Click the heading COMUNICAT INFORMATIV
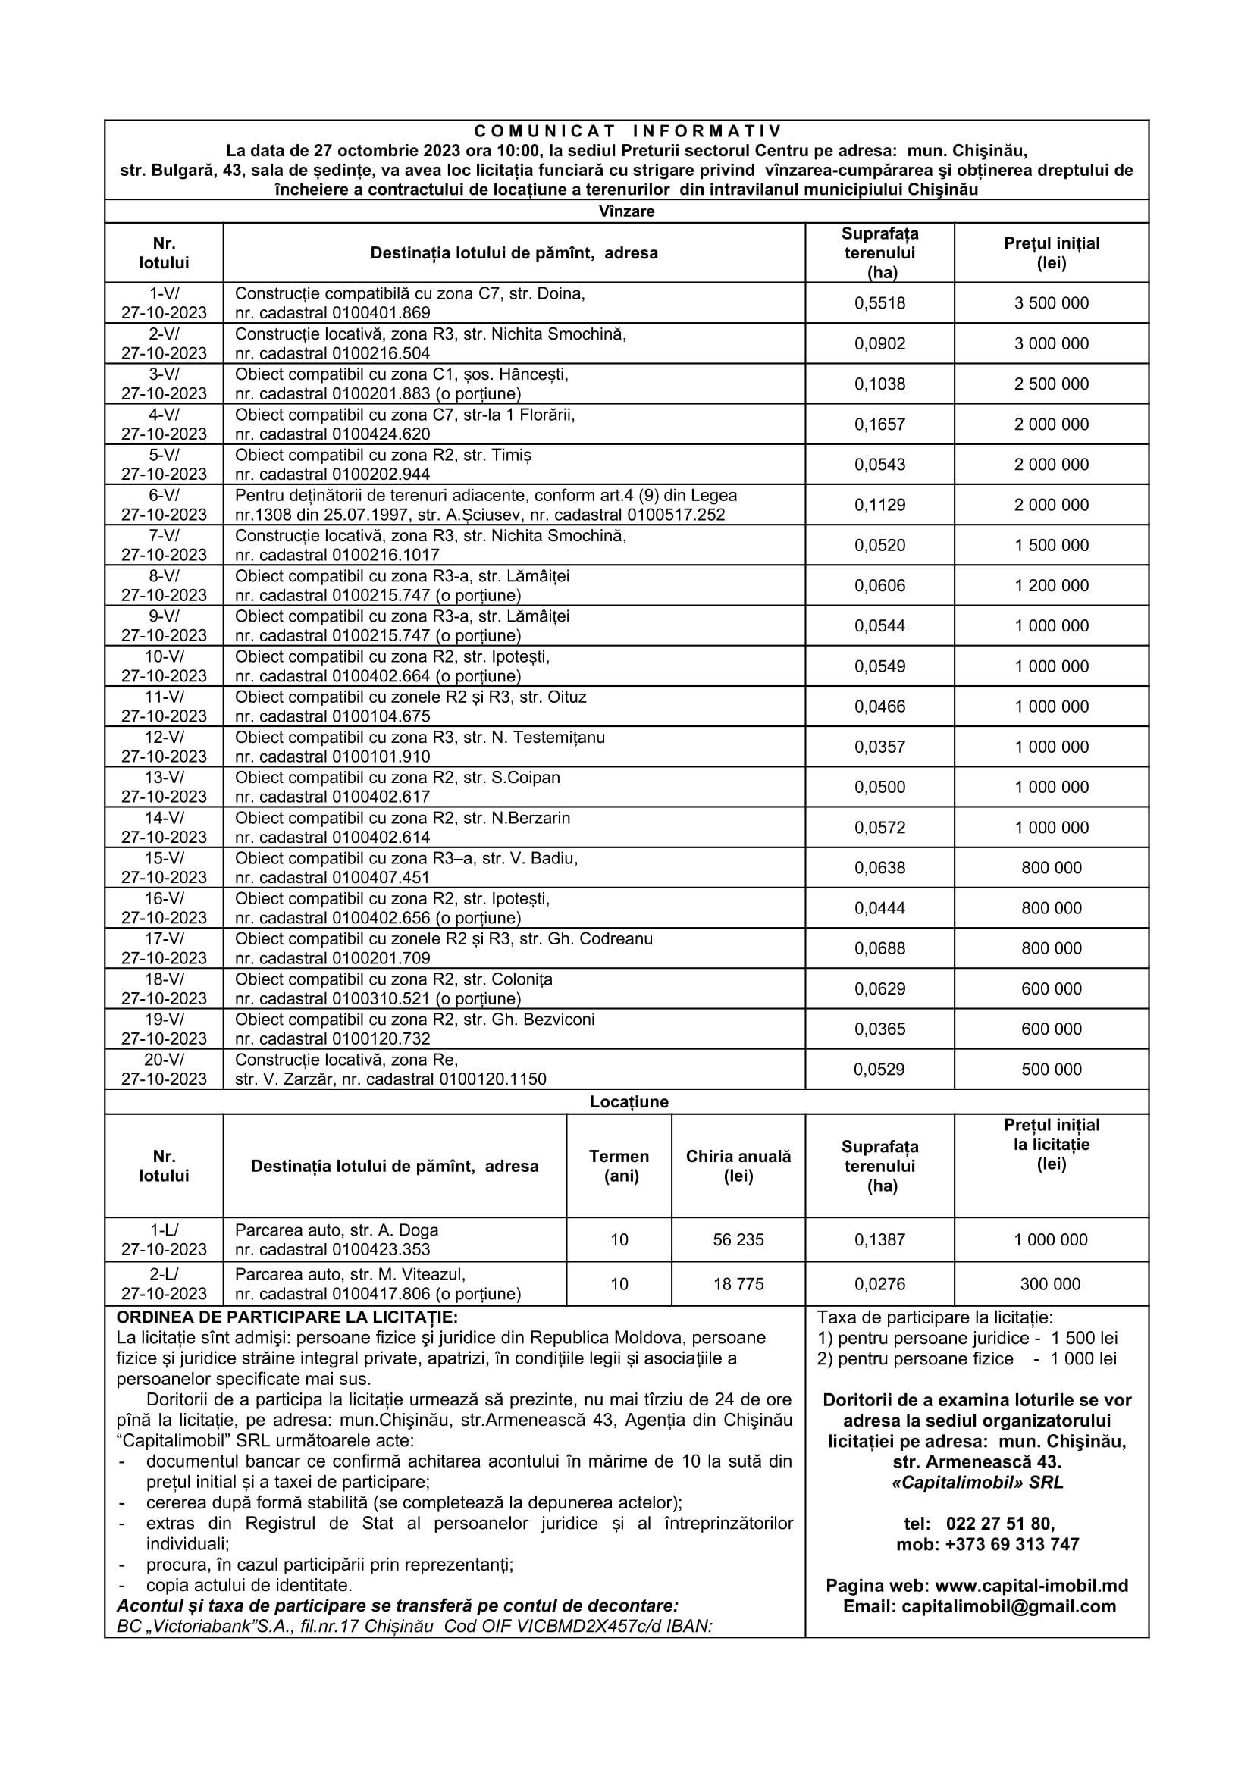pyautogui.click(x=627, y=131)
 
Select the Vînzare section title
pyautogui.click(x=626, y=211)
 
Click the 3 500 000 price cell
pyautogui.click(x=1051, y=303)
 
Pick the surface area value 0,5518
pyautogui.click(x=879, y=303)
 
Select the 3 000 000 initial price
pyautogui.click(x=1051, y=343)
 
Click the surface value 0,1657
pyautogui.click(x=879, y=424)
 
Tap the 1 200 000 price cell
pyautogui.click(x=1051, y=585)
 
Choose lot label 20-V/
pyautogui.click(x=164, y=1060)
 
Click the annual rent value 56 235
pyautogui.click(x=738, y=1239)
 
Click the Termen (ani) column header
pyautogui.click(x=619, y=1166)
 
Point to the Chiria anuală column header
pyautogui.click(x=738, y=1166)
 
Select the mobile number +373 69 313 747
pyautogui.click(x=1011, y=1543)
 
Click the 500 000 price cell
pyautogui.click(x=1051, y=1070)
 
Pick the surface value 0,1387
pyautogui.click(x=879, y=1239)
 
